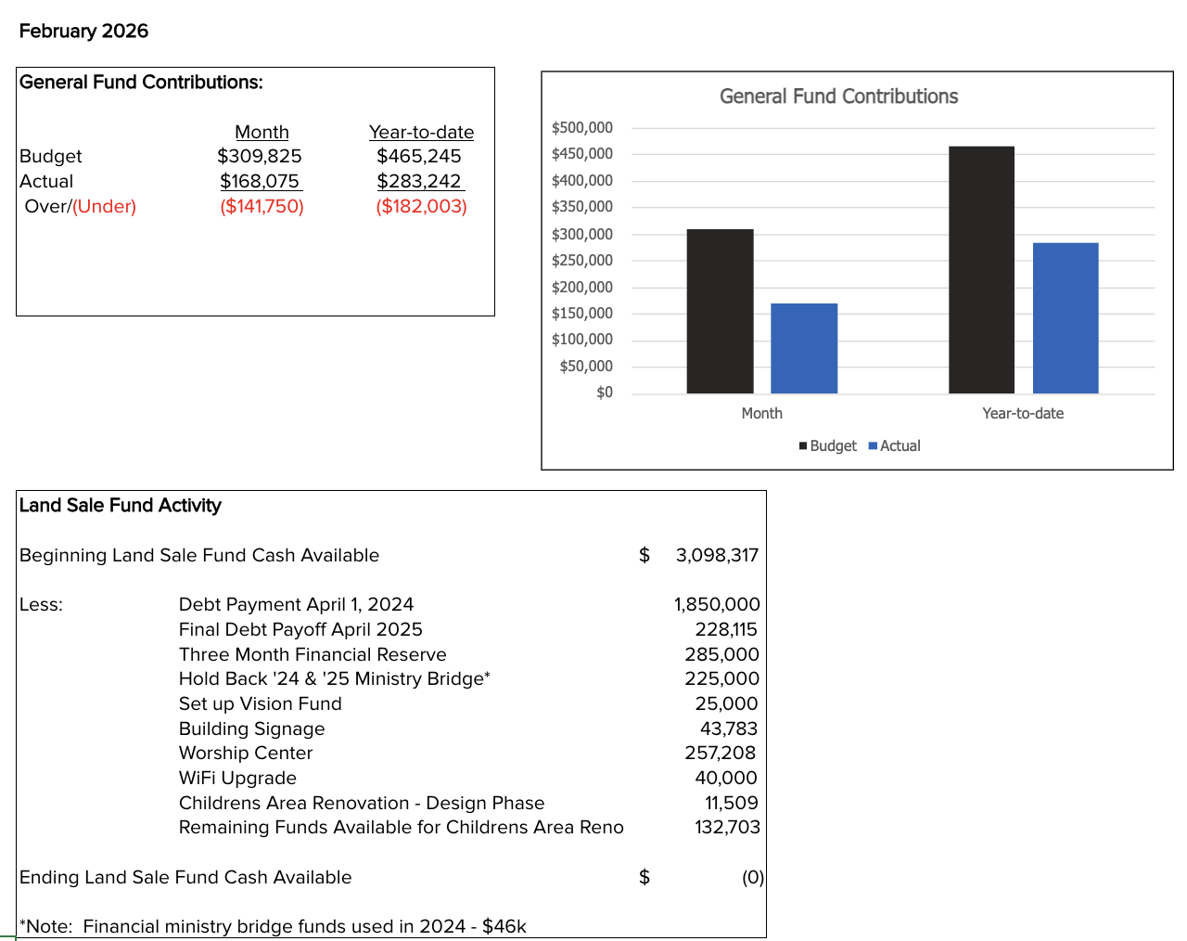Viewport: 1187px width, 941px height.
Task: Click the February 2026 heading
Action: [x=83, y=32]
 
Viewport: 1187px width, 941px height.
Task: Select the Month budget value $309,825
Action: [x=260, y=156]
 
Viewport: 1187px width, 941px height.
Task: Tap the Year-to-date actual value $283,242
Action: [x=419, y=181]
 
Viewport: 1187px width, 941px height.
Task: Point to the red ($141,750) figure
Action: [x=262, y=206]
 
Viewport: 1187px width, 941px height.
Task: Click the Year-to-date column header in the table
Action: [x=421, y=132]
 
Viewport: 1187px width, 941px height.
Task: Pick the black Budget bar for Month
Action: [x=720, y=311]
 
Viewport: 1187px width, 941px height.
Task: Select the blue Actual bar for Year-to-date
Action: [x=1066, y=318]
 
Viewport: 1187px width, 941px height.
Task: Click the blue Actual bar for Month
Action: [x=804, y=348]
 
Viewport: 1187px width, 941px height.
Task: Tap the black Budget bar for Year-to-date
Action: [x=981, y=269]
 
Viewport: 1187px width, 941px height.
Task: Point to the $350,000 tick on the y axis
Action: [x=582, y=207]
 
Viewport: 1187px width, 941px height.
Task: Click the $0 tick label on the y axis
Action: [x=605, y=393]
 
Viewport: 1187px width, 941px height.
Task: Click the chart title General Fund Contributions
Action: [x=838, y=97]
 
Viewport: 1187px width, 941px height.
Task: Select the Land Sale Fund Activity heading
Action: [x=121, y=506]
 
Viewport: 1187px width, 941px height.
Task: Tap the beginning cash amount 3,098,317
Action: [x=717, y=556]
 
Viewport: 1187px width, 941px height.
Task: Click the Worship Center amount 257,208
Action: [x=721, y=754]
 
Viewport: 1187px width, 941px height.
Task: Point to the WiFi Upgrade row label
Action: [x=237, y=779]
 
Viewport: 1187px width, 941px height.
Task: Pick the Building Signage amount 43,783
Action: [x=729, y=729]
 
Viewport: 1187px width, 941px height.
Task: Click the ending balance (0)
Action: [x=752, y=878]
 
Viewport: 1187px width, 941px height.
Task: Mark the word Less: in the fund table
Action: [x=41, y=605]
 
